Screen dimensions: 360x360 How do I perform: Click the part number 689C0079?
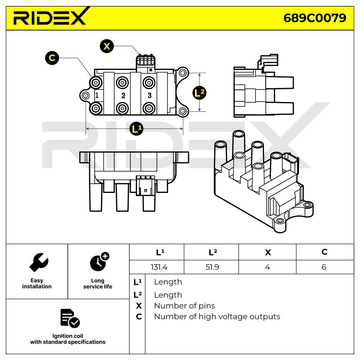tap(315, 18)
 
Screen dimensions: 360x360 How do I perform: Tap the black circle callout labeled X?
tap(107, 46)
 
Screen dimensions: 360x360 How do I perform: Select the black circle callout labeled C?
tap(52, 58)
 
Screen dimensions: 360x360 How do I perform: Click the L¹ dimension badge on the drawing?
tap(136, 129)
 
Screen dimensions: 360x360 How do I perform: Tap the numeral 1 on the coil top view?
tap(97, 95)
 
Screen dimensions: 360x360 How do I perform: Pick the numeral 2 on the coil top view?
tap(123, 96)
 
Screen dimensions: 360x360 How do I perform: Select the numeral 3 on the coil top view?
tap(150, 95)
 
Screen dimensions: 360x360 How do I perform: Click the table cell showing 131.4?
tap(156, 267)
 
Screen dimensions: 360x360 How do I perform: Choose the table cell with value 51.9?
tap(212, 267)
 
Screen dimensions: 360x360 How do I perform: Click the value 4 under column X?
tap(268, 267)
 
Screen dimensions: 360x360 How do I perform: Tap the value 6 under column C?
tap(324, 267)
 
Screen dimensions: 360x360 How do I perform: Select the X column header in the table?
tap(268, 252)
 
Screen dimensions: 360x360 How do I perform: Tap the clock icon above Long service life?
tap(99, 262)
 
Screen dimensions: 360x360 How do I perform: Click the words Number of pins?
tap(184, 306)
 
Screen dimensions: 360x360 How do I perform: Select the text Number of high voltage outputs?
tap(217, 316)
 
